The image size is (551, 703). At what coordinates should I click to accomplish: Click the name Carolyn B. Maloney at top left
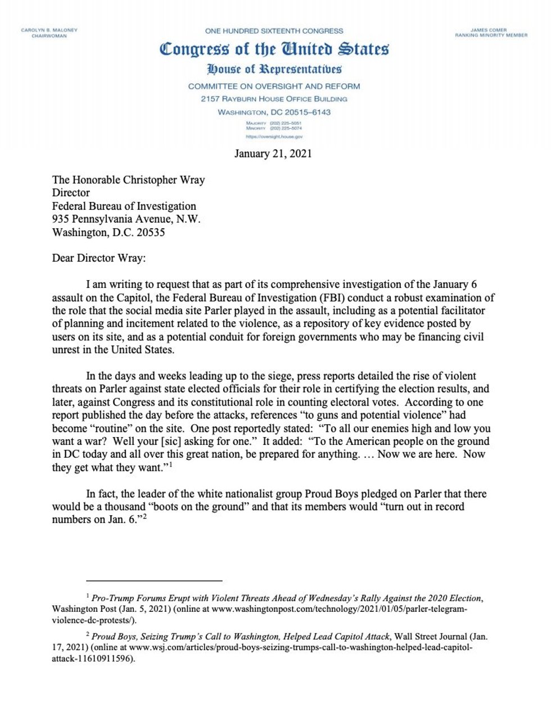(x=49, y=30)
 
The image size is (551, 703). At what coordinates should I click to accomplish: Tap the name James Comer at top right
(x=489, y=30)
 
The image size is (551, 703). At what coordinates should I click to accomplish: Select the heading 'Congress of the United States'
(x=274, y=49)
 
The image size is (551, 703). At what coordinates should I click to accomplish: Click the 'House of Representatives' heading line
(x=274, y=69)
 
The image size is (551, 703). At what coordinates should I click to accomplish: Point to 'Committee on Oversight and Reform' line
(x=274, y=86)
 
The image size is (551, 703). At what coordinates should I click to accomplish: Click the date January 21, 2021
(x=273, y=154)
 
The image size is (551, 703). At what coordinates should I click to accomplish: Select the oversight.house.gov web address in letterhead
(x=274, y=137)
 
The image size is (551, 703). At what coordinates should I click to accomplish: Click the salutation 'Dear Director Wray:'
(x=98, y=258)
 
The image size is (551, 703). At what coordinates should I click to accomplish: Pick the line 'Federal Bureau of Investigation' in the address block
(x=124, y=206)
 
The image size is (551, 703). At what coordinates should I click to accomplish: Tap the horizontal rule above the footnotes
(x=154, y=580)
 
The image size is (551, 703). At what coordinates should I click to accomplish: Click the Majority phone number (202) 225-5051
(x=286, y=123)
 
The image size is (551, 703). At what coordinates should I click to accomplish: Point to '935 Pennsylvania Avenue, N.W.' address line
(x=126, y=219)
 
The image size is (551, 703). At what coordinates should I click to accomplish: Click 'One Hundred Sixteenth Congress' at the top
(x=274, y=31)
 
